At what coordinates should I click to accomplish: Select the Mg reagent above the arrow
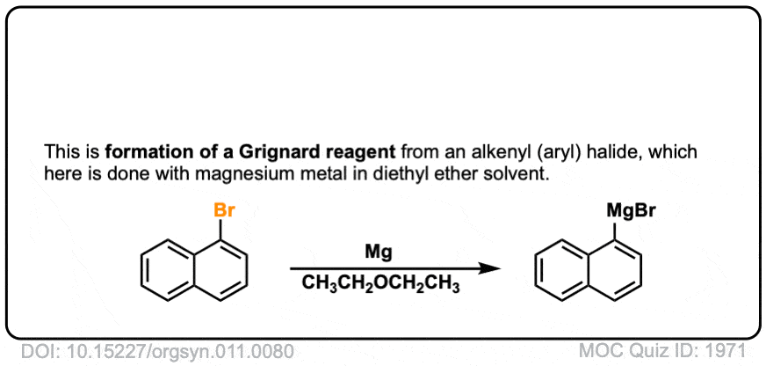[x=378, y=253]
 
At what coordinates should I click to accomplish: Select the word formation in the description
[x=143, y=152]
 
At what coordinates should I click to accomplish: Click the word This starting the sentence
[x=57, y=152]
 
